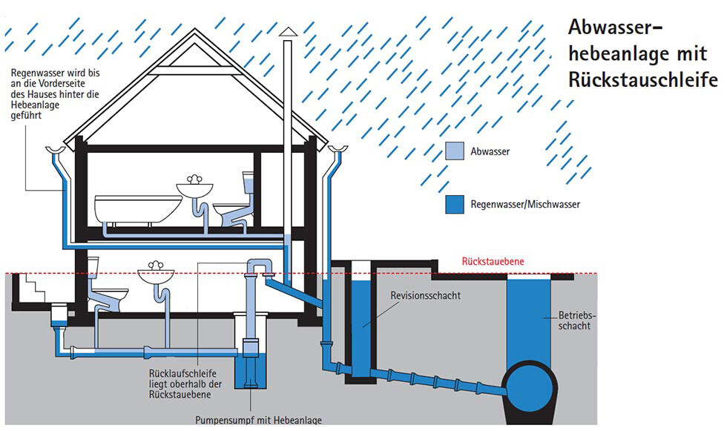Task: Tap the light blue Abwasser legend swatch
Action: click(454, 152)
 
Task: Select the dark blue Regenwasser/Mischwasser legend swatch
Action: click(454, 203)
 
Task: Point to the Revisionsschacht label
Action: click(426, 295)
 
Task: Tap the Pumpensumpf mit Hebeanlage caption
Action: click(259, 421)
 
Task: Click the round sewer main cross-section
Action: click(530, 386)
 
